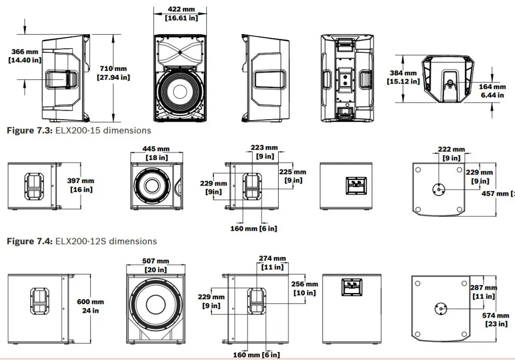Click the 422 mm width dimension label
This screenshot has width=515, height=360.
pyautogui.click(x=181, y=14)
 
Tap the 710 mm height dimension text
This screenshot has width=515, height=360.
pyautogui.click(x=113, y=73)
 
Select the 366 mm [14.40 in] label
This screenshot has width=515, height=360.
pyautogui.click(x=24, y=55)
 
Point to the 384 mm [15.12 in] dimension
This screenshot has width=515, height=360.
pyautogui.click(x=403, y=77)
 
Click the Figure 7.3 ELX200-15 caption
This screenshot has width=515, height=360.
pyautogui.click(x=78, y=130)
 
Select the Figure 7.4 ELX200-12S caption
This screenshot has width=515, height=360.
pyautogui.click(x=81, y=241)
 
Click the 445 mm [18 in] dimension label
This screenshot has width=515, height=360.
pyautogui.click(x=156, y=153)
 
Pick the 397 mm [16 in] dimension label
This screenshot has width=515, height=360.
pyautogui.click(x=80, y=185)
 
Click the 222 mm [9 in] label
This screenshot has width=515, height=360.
pyautogui.click(x=451, y=153)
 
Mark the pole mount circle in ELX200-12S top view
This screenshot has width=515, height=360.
pyautogui.click(x=439, y=189)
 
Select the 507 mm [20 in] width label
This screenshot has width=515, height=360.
pyautogui.click(x=155, y=265)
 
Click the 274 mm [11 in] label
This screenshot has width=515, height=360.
pyautogui.click(x=272, y=262)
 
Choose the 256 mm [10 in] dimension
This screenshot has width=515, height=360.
pyautogui.click(x=304, y=289)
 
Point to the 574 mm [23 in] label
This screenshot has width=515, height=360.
pyautogui.click(x=495, y=319)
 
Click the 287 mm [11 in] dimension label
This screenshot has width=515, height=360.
pyautogui.click(x=483, y=292)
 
